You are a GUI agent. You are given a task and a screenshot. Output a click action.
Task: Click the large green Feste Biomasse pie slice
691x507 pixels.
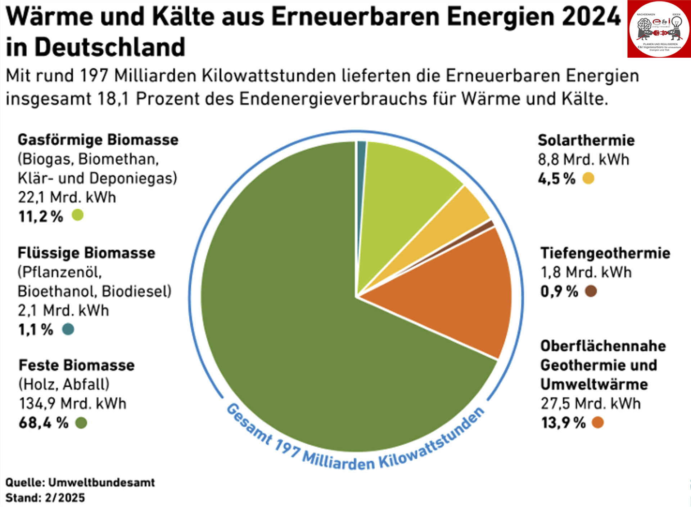(x=288, y=324)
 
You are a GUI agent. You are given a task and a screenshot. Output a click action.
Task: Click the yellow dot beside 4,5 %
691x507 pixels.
(x=588, y=178)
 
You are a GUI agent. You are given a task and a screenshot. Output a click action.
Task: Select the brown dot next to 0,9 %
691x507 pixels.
(x=591, y=291)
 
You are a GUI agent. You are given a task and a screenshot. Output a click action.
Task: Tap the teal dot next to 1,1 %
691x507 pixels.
(x=68, y=329)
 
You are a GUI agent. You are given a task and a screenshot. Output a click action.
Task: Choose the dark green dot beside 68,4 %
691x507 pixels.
(x=81, y=422)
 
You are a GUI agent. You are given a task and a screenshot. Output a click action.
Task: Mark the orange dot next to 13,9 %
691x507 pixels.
(x=597, y=422)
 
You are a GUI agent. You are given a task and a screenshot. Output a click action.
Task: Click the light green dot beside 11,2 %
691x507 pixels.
(x=77, y=215)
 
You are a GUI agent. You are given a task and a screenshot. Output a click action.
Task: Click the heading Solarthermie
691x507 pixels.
(x=586, y=141)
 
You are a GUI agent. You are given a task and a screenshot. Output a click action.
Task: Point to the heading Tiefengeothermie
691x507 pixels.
(x=605, y=253)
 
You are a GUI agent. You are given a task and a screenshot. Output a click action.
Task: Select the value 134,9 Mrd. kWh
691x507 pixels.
(x=72, y=404)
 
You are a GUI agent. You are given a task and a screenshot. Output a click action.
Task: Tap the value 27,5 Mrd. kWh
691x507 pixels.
(x=590, y=404)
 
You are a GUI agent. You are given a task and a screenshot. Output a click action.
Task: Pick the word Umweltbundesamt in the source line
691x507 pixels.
(x=101, y=482)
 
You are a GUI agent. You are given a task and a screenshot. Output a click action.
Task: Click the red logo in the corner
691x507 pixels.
(x=659, y=29)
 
